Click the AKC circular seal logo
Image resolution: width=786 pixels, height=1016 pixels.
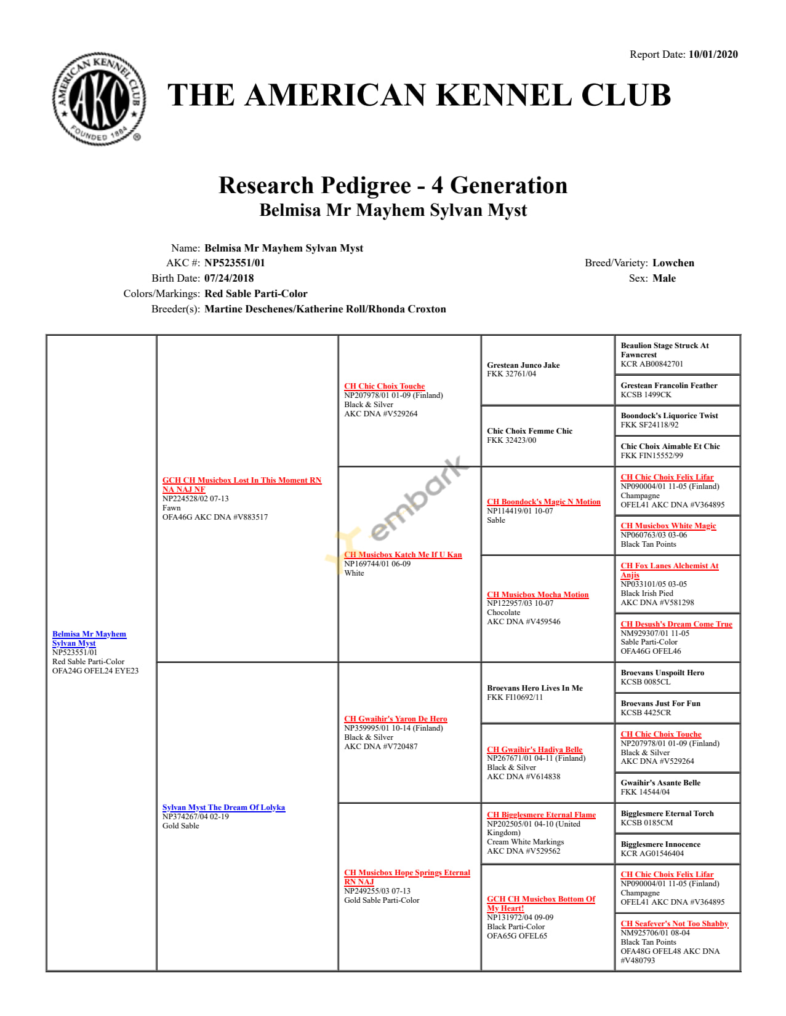point(98,99)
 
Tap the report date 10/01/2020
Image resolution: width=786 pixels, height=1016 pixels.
point(713,55)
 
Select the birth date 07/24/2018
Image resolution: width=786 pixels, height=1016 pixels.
point(229,279)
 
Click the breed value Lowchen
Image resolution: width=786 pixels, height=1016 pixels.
point(673,263)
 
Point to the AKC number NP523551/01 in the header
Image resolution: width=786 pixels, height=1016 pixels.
point(235,263)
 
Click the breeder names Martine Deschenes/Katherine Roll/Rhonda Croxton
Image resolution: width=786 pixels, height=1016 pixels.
point(325,309)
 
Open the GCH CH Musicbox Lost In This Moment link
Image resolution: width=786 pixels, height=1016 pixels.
point(241,480)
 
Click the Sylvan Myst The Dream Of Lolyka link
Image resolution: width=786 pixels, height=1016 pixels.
point(223,808)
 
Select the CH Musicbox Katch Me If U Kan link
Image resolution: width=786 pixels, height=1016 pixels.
point(403,555)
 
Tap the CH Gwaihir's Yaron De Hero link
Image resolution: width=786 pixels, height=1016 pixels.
point(395,719)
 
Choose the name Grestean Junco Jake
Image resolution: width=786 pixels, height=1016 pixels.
point(523,365)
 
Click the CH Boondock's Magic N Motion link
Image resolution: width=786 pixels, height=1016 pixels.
point(543,502)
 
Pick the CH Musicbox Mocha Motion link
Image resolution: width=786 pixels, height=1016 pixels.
point(537,595)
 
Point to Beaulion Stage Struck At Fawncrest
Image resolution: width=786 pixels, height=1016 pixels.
point(664,350)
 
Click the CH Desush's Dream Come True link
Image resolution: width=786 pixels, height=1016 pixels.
point(676,624)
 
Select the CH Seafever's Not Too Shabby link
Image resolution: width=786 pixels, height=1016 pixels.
point(674,924)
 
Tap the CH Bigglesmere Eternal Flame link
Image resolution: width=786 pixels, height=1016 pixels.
point(541,815)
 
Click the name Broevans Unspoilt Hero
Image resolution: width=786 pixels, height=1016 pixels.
point(662,673)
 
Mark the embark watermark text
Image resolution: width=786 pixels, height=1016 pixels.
point(419,498)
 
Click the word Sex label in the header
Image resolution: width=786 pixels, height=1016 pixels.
point(637,279)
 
